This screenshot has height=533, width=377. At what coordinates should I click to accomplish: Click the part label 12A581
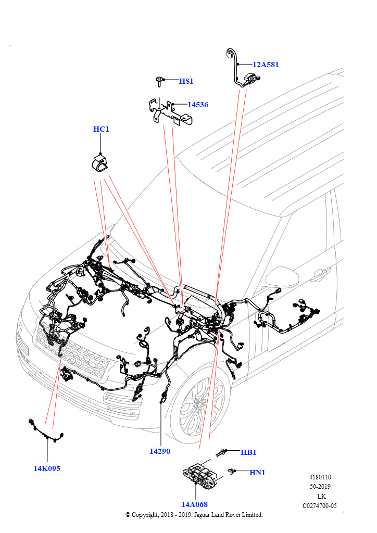click(266, 65)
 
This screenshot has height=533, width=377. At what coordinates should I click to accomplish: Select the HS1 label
click(186, 81)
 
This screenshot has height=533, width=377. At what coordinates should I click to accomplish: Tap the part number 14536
click(197, 105)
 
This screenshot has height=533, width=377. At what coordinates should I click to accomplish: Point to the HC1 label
click(101, 129)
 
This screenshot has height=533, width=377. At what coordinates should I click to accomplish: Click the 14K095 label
click(47, 468)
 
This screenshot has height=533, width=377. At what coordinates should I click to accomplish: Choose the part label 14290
click(160, 451)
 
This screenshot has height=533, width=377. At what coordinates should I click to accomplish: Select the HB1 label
click(248, 452)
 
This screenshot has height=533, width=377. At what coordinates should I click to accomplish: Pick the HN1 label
click(257, 473)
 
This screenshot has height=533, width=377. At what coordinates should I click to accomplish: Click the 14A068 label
click(195, 504)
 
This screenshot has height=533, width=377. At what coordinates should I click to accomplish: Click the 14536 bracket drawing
click(169, 112)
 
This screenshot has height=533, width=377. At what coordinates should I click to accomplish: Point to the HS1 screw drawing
click(158, 81)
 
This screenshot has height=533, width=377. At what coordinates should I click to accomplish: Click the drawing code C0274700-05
click(320, 505)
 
